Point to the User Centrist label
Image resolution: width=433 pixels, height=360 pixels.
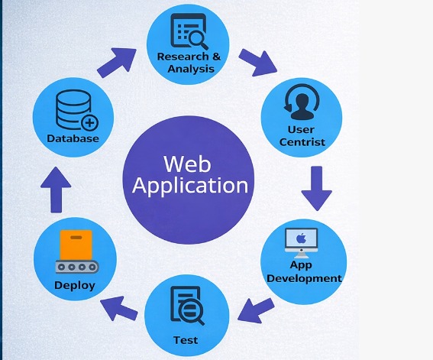click(302, 135)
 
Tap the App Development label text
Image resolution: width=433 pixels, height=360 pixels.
click(304, 272)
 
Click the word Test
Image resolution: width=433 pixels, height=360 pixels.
click(186, 340)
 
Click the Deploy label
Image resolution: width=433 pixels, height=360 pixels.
click(75, 286)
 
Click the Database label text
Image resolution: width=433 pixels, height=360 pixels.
click(73, 139)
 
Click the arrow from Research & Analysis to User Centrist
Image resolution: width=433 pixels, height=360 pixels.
click(258, 63)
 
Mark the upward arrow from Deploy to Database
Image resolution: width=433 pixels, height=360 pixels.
click(55, 190)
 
